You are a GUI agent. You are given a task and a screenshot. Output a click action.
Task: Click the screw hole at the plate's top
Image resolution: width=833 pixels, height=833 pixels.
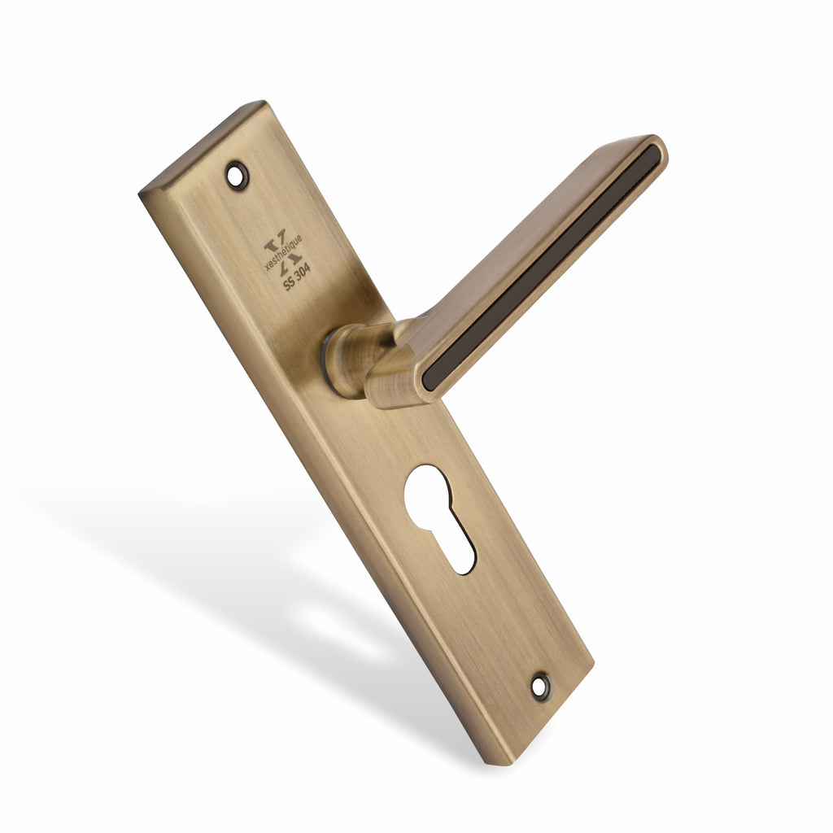[x=237, y=176]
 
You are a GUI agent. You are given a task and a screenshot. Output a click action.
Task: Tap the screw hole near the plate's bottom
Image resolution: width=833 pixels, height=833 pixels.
[x=540, y=686]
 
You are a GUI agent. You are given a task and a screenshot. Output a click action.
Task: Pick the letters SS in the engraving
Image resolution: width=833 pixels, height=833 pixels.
[x=289, y=282]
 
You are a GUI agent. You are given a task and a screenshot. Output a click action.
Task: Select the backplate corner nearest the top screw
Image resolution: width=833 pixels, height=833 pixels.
[x=263, y=103]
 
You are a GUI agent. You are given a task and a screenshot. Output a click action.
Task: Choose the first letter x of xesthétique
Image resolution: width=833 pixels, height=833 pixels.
[x=268, y=267]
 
